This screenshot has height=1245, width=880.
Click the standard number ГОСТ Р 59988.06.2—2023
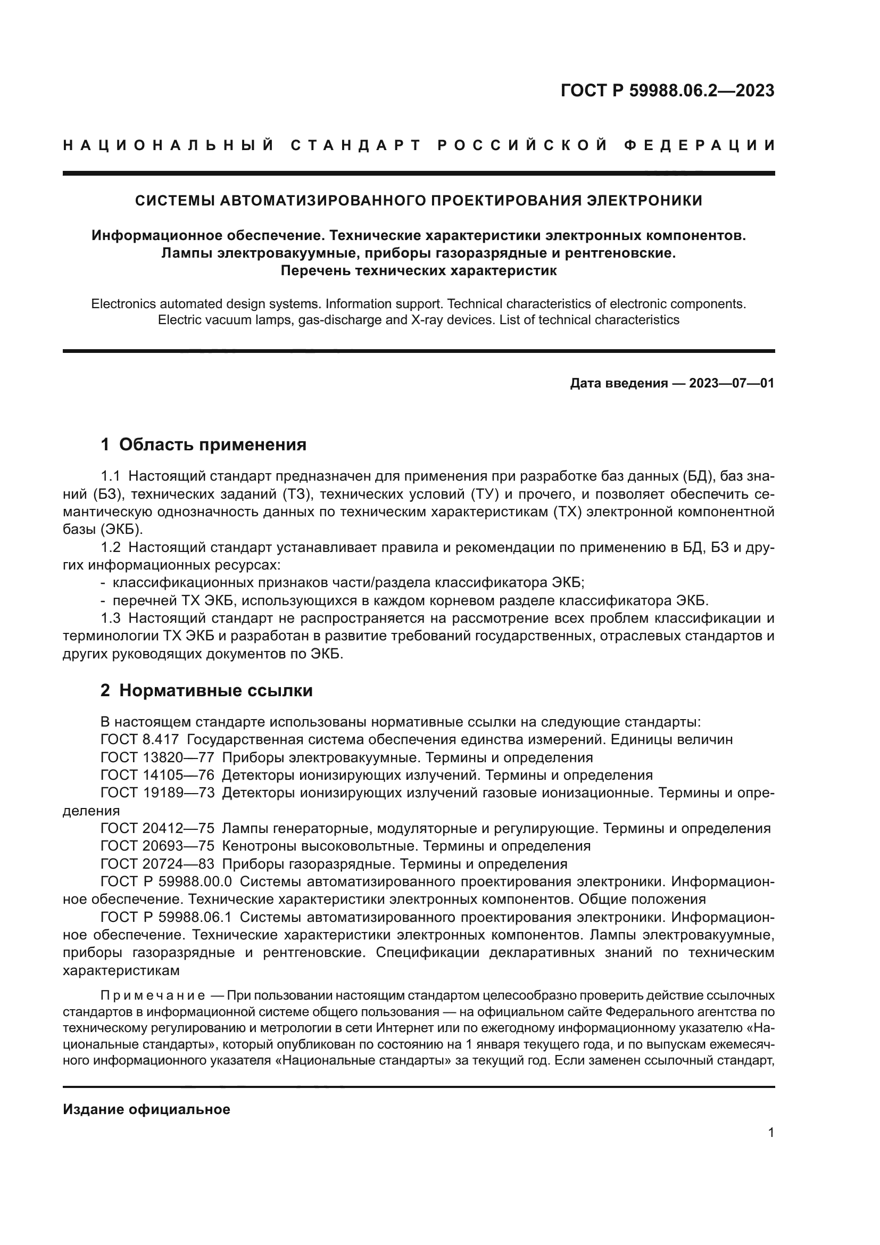point(667,91)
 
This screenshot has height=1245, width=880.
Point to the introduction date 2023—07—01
point(732,384)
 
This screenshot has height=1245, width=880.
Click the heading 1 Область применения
point(204,444)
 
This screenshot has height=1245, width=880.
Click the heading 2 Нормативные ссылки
point(206,691)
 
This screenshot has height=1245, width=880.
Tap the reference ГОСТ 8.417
point(139,740)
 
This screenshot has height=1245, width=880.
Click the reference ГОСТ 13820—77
point(157,757)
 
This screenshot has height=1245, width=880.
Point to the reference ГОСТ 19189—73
point(157,793)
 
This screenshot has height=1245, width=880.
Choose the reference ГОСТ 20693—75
point(157,846)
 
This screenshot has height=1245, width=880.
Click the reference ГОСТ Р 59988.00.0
point(166,881)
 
